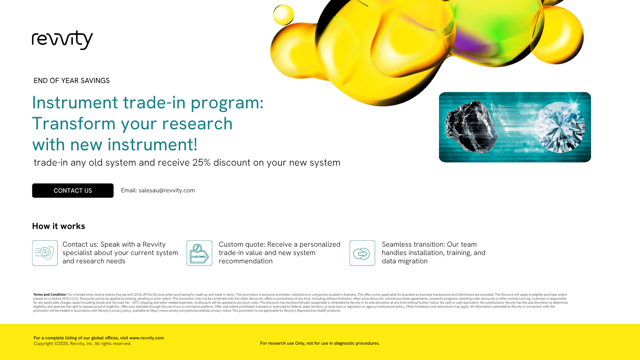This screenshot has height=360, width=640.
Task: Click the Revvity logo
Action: (62, 40)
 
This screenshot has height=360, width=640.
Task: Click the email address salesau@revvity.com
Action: (167, 190)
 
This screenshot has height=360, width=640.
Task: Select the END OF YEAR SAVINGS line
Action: (72, 81)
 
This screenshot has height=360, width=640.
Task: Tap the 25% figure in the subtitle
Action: (201, 163)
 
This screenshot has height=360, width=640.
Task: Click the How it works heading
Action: (59, 226)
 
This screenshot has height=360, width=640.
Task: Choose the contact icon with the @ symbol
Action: (45, 253)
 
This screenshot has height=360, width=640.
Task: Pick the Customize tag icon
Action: (199, 253)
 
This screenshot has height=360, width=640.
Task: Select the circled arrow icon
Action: (362, 253)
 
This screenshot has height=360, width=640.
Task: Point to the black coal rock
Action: (471, 127)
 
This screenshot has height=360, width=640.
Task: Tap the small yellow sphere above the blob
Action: (284, 15)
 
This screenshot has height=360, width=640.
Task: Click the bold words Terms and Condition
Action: (50, 295)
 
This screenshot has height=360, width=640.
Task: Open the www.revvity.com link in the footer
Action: (147, 338)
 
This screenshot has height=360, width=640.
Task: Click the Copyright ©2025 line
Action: (82, 344)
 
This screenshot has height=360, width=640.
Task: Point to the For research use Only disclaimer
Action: (320, 343)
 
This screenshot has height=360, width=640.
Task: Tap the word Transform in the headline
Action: (74, 124)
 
